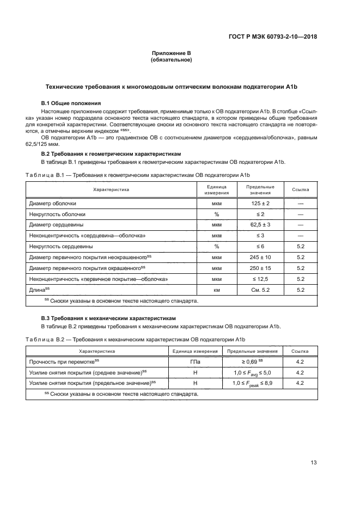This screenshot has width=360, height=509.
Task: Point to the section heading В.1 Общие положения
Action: (x=71, y=103)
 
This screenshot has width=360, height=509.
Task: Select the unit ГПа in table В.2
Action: (x=195, y=362)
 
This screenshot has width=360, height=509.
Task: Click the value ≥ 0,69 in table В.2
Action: (x=252, y=362)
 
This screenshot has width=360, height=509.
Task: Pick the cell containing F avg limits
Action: (x=252, y=373)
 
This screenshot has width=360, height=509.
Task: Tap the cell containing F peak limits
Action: (x=252, y=383)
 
